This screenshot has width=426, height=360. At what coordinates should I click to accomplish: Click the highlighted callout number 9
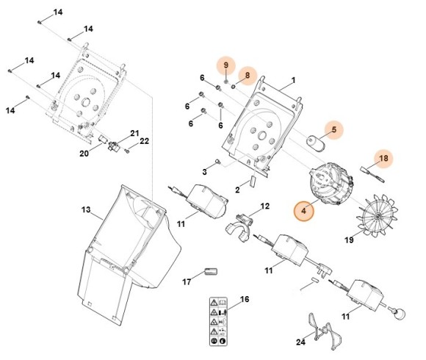[x=226, y=66]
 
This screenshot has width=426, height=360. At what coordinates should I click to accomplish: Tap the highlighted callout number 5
[x=333, y=130]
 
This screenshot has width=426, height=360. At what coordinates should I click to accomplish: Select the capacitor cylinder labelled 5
[x=317, y=140]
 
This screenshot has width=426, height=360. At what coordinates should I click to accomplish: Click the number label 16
[x=245, y=299]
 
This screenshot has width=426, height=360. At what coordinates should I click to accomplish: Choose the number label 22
[x=145, y=141]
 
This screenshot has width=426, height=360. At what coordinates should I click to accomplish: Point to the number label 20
[x=83, y=154]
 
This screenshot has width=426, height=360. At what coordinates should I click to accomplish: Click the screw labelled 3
[x=219, y=162]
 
